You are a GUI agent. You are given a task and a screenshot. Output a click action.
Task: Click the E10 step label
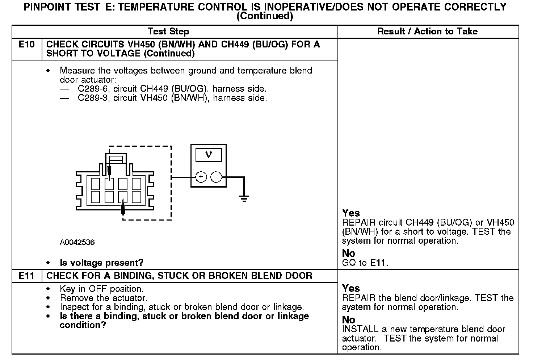pos(27,45)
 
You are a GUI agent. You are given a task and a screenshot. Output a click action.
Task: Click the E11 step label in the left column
pos(27,276)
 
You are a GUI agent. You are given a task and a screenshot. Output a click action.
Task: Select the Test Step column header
pos(168,32)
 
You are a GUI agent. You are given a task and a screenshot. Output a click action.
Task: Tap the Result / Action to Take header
pos(427,32)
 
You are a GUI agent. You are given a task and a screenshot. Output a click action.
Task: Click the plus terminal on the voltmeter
pos(201,177)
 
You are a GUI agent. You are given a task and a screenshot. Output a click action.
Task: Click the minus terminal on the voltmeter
pos(216,177)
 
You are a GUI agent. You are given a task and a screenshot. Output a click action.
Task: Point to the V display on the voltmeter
pos(208,155)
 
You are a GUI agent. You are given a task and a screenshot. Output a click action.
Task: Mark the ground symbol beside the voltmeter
pos(244,198)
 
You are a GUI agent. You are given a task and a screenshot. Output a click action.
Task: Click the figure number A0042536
pos(77,242)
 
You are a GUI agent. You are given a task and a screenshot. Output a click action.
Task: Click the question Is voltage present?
pos(101,263)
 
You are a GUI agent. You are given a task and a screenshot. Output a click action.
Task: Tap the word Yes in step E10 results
pos(351,213)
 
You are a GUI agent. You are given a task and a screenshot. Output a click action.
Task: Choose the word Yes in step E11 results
pos(351,288)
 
